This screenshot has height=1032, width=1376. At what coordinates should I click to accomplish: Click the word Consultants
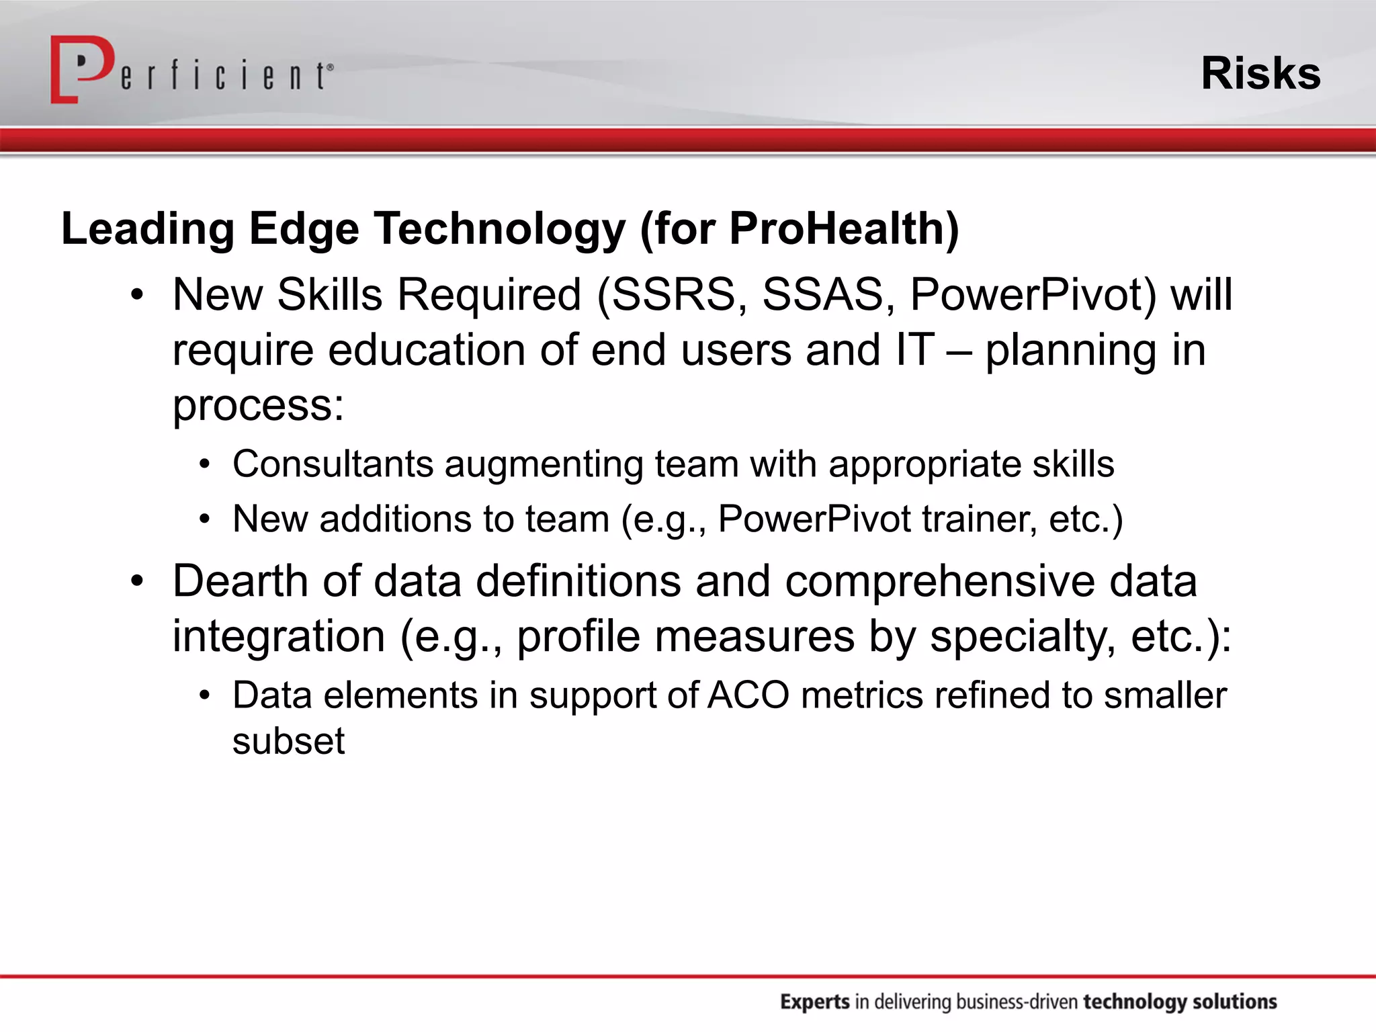click(333, 464)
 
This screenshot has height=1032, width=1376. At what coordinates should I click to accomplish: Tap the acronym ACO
click(748, 695)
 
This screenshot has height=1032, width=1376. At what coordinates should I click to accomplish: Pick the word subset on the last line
click(288, 741)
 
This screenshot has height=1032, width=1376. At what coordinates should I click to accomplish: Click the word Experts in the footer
click(815, 1002)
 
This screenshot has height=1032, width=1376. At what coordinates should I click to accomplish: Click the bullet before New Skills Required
click(137, 295)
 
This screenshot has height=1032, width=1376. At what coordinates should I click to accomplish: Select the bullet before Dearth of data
click(137, 581)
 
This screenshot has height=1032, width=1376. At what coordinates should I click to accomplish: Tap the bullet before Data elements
click(205, 695)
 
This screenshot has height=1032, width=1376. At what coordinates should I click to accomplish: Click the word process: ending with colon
click(258, 406)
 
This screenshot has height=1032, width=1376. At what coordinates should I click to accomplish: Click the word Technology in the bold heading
click(499, 229)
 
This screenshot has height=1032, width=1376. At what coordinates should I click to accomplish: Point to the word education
click(426, 350)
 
